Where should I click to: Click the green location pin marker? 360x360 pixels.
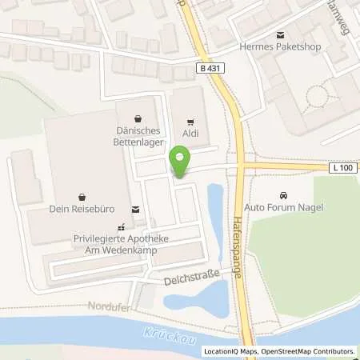click(x=179, y=162)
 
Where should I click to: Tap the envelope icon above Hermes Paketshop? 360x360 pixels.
click(x=280, y=35)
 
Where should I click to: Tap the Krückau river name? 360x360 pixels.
click(x=170, y=336)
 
